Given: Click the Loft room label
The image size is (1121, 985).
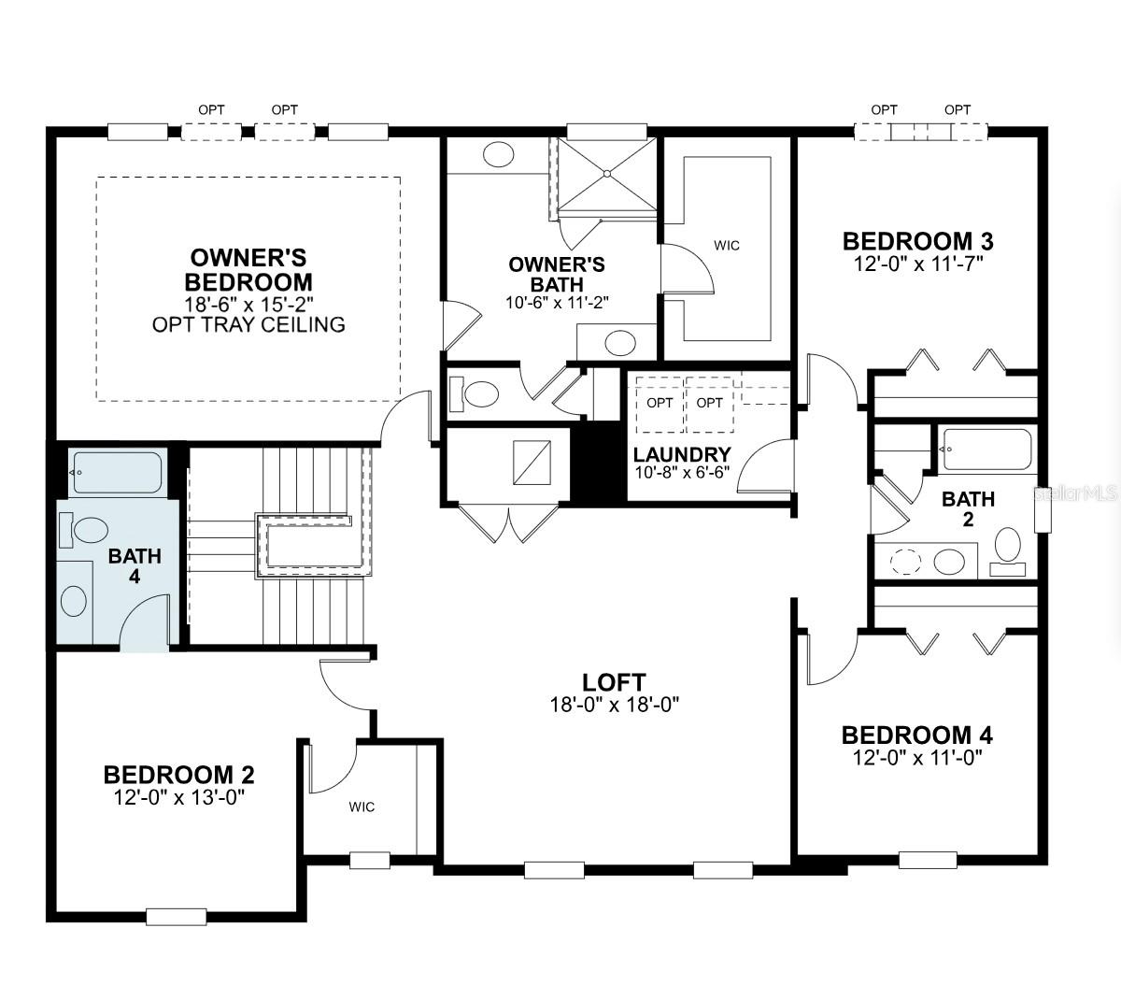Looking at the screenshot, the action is coord(614,681).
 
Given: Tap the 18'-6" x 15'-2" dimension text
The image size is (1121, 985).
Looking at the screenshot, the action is coord(248,304).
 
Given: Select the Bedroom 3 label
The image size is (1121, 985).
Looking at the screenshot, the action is coord(918,241).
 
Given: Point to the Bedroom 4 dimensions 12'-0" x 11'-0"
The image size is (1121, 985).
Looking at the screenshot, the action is coord(916,757).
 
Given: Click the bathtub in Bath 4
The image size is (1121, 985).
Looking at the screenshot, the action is coord(118,472).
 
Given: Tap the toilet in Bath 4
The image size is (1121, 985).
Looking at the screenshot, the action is coord(84,530).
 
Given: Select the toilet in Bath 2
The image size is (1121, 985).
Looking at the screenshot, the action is coord(1008,551).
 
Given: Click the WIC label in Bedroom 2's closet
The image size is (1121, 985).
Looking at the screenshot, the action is coord(362,807).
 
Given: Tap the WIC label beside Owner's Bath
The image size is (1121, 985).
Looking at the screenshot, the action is coord(727,245).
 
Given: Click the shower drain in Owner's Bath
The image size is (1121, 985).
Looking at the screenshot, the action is coord(607,174).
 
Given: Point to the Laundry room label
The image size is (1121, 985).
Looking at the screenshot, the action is coord(682,454).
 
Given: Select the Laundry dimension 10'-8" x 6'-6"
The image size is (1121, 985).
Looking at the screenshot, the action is coord(682,472).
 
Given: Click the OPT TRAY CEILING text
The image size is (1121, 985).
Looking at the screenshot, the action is coord(248,324).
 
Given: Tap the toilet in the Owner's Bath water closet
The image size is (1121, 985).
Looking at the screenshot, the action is coord(475,394).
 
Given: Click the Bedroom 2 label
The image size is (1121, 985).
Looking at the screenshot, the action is coord(178,775).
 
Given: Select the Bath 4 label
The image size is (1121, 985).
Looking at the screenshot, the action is coord(135,566).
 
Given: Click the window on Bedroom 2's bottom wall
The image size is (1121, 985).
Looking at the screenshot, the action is coord(176,917).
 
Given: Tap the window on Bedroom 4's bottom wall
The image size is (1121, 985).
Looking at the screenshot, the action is coord(928,860).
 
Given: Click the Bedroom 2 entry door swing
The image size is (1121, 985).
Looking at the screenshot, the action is coord(343,684).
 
